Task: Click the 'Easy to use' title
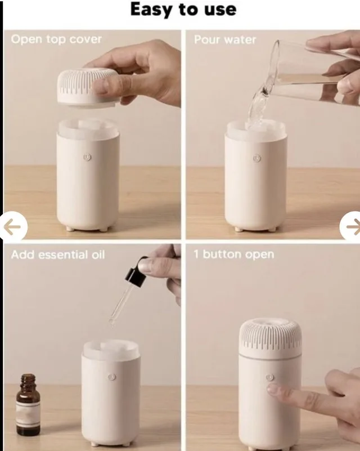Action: (183, 10)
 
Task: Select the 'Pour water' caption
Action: (224, 40)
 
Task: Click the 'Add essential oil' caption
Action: (58, 254)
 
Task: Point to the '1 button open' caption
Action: (233, 254)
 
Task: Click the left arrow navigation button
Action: (12, 227)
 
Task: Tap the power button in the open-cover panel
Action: (87, 158)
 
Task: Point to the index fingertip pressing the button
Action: (273, 388)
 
